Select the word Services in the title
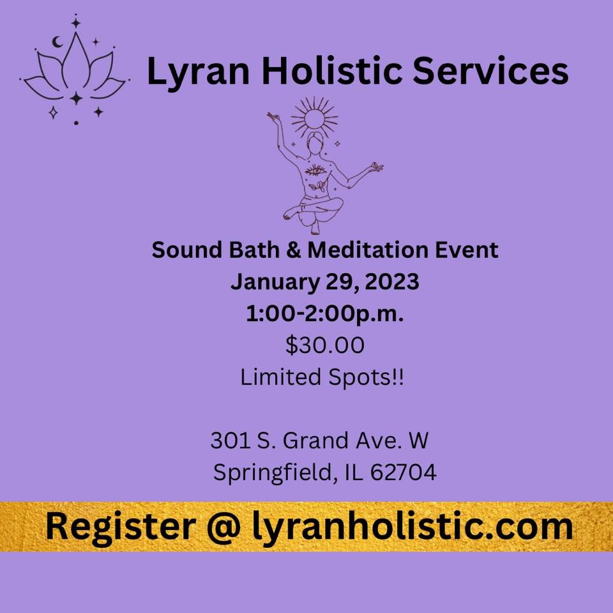click(x=490, y=72)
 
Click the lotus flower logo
click(x=75, y=70)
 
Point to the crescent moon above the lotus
click(x=57, y=43)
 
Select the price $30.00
click(x=325, y=345)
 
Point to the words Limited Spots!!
click(x=322, y=377)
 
